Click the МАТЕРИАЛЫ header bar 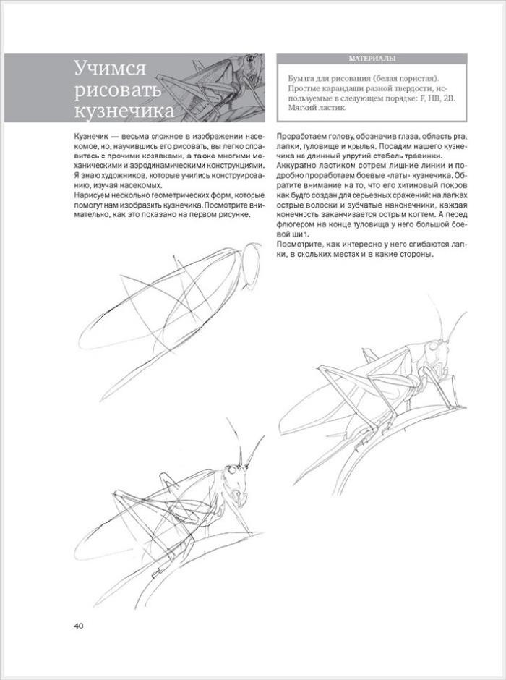click(372, 59)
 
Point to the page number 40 click(80, 625)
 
